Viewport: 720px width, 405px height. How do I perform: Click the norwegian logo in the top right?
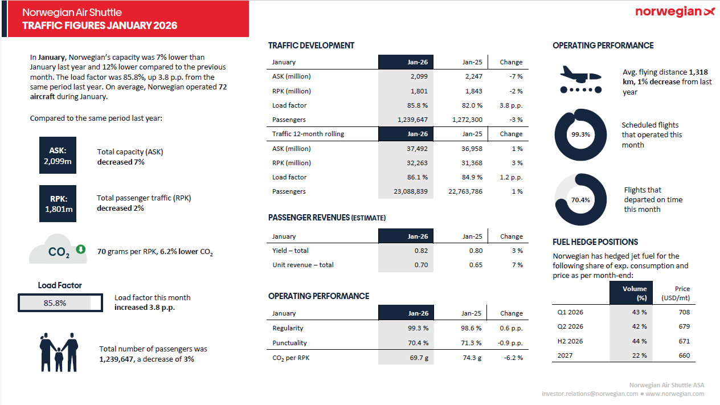click(674, 12)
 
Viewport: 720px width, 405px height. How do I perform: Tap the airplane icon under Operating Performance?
click(580, 79)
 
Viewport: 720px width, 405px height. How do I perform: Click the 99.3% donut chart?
click(580, 135)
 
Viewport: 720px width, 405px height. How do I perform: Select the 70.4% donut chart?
click(580, 200)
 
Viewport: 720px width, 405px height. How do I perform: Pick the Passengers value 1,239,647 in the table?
click(411, 120)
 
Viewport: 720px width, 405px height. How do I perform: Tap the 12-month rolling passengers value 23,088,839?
click(410, 191)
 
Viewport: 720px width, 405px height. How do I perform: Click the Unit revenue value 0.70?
click(421, 265)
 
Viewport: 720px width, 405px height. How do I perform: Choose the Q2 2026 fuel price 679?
click(684, 326)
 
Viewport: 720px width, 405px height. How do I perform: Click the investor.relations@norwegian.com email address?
click(590, 394)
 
